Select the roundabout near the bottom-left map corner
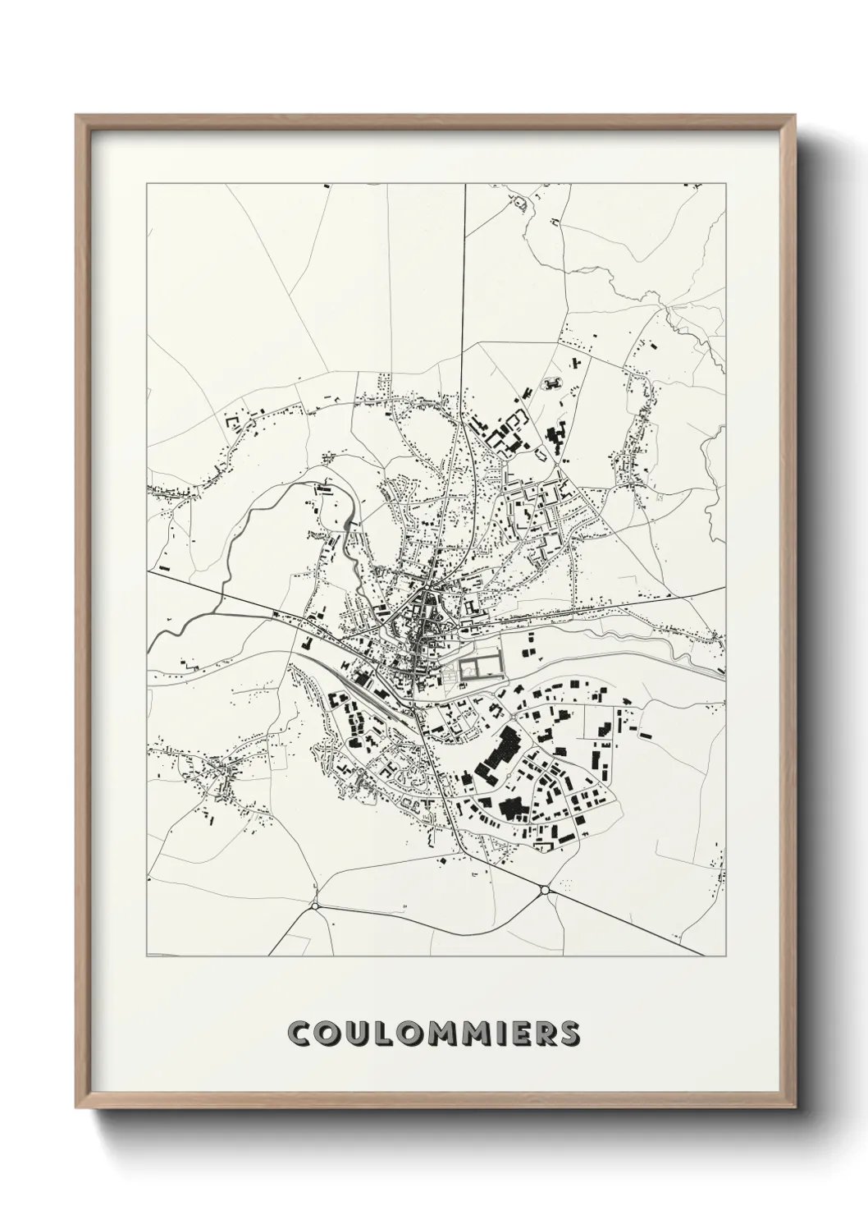pos(314,906)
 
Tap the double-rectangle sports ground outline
pos(478,663)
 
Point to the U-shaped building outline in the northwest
pos(232,422)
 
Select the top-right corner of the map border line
pos(726,185)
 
